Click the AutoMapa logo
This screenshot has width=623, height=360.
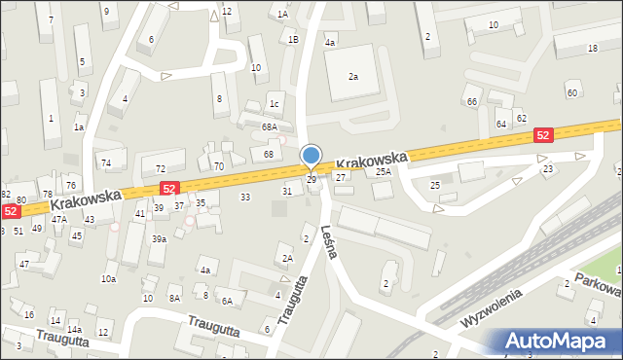(x=559, y=342)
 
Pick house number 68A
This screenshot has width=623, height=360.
(x=270, y=127)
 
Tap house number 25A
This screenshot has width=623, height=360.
(x=384, y=171)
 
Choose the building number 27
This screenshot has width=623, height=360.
(x=341, y=177)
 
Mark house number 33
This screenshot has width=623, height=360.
(x=245, y=197)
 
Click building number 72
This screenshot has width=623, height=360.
(x=160, y=168)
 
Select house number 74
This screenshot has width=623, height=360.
(x=106, y=162)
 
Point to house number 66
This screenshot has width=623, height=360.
(x=471, y=101)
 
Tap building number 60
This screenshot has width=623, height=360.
(x=571, y=92)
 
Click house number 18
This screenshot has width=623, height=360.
(x=592, y=48)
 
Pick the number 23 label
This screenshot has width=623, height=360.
(x=548, y=168)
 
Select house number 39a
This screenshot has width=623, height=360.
(x=159, y=238)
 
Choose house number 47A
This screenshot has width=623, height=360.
(x=59, y=220)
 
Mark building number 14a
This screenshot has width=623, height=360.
(x=74, y=330)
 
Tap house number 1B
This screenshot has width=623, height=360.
(x=293, y=40)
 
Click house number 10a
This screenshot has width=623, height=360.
(x=108, y=279)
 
